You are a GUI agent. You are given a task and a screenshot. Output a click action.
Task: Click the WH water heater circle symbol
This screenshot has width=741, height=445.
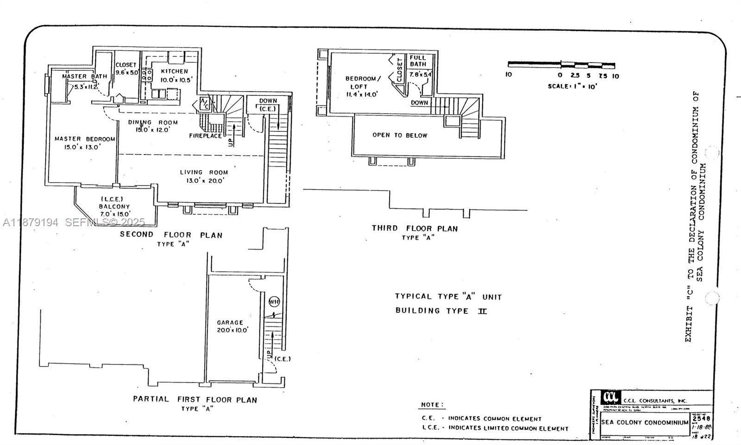274,302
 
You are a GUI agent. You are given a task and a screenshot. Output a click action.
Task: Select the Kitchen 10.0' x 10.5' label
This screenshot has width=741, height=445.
174,75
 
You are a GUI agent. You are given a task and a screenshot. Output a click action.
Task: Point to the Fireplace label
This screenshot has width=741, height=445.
205,136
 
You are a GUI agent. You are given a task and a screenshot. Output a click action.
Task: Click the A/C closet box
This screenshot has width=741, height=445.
204,104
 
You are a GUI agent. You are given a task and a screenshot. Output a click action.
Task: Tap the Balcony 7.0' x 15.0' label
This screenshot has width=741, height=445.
114,207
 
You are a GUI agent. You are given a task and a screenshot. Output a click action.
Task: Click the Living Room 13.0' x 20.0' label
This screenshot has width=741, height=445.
204,176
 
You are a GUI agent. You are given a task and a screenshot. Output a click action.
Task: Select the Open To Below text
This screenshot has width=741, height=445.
400,135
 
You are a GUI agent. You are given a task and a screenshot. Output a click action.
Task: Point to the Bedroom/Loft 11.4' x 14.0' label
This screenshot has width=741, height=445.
363,86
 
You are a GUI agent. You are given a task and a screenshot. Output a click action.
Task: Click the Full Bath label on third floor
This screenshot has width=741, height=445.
418,61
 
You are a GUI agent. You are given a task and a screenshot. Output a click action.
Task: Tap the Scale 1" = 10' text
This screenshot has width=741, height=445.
572,86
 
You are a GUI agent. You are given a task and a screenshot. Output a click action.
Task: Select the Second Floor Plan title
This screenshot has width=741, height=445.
171,235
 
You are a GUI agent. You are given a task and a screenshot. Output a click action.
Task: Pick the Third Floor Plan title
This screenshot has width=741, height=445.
414,229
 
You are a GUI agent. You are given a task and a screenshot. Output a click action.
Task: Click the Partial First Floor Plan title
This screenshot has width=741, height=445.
195,399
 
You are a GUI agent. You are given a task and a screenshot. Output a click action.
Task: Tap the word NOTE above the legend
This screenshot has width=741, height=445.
432,405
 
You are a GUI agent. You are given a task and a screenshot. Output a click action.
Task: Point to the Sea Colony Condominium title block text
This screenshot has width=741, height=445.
644,422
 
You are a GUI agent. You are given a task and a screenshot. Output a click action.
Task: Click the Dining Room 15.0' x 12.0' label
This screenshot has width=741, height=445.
153,126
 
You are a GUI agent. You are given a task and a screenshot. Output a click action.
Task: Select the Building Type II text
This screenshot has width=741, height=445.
441,310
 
